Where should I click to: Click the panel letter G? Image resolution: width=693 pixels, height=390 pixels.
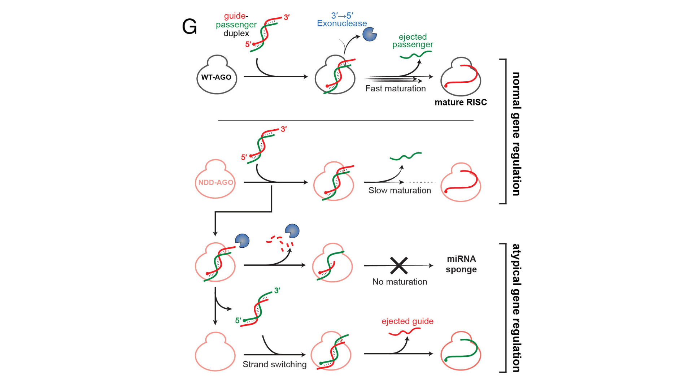pyautogui.click(x=189, y=27)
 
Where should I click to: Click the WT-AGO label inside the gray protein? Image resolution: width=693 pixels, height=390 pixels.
pyautogui.click(x=216, y=77)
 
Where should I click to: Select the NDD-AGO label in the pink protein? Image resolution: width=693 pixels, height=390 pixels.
pyautogui.click(x=215, y=182)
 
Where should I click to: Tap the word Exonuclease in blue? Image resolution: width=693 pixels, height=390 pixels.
pyautogui.click(x=342, y=23)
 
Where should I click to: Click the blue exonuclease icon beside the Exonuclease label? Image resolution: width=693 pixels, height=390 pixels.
pyautogui.click(x=369, y=34)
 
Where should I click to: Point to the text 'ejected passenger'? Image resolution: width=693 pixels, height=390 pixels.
pyautogui.click(x=413, y=41)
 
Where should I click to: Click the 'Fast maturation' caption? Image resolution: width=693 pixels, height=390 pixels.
pyautogui.click(x=395, y=88)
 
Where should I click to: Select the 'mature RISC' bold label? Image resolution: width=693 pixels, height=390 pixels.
pyautogui.click(x=461, y=102)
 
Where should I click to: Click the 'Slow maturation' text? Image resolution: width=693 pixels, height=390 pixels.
pyautogui.click(x=400, y=190)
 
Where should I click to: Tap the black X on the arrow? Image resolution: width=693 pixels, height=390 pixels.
pyautogui.click(x=399, y=265)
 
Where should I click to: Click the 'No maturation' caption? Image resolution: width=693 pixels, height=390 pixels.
pyautogui.click(x=400, y=282)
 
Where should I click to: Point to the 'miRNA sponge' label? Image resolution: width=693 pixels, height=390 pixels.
pyautogui.click(x=461, y=264)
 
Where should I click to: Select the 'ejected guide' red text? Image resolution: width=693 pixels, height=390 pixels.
pyautogui.click(x=407, y=321)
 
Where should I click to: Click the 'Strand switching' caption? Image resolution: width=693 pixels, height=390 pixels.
pyautogui.click(x=274, y=364)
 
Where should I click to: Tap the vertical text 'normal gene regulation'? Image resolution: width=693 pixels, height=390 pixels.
pyautogui.click(x=517, y=134)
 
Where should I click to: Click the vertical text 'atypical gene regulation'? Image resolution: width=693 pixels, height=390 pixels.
pyautogui.click(x=517, y=308)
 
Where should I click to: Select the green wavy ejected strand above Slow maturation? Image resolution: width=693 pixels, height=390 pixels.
pyautogui.click(x=406, y=156)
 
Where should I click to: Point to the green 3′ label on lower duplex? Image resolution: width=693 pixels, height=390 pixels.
pyautogui.click(x=277, y=290)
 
